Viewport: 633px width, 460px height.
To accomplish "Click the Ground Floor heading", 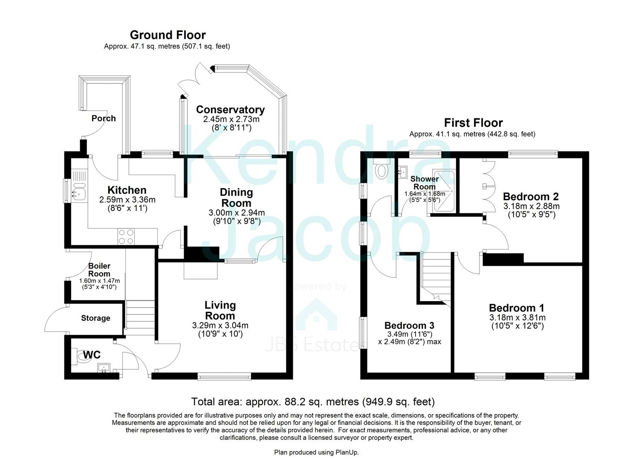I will [168, 35].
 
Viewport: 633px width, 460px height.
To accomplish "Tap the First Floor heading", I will [473, 123].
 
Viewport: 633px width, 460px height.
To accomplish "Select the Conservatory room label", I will [230, 109].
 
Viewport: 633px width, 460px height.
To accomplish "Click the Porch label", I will [104, 118].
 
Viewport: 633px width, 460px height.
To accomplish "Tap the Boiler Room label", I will [99, 270].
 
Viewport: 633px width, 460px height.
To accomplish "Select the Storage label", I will [95, 318].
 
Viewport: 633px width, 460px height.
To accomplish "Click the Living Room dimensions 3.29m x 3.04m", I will [220, 325].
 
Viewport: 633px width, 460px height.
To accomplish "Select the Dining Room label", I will [236, 198].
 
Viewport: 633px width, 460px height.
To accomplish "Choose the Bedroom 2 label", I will [531, 196].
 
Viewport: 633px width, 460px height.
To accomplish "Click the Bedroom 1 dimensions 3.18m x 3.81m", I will [517, 317].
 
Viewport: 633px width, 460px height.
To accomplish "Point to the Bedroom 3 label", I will [409, 326].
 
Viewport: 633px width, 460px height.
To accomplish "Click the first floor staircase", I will [436, 277].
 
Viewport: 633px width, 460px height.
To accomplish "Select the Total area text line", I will [313, 402].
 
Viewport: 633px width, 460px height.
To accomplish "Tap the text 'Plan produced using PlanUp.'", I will [313, 452].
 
